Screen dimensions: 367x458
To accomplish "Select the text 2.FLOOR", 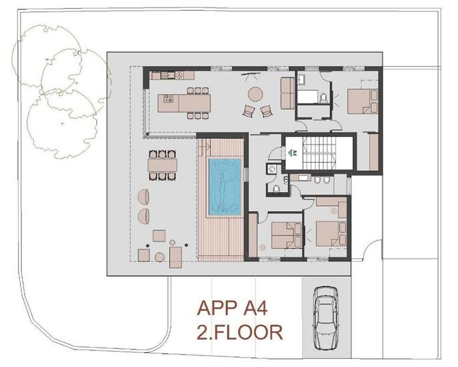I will tap(241, 331).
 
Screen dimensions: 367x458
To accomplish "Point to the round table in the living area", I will tap(256, 93).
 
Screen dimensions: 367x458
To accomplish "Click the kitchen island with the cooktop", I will tap(184, 103).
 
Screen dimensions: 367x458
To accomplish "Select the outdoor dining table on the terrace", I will tap(162, 164).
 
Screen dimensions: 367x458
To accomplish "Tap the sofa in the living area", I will tap(288, 93).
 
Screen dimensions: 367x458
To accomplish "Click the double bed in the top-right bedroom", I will tap(361, 101).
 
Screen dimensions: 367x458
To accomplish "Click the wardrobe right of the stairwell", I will tap(373, 152).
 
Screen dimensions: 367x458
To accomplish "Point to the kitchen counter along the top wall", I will tap(172, 75).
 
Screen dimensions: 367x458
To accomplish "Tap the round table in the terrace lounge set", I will tap(160, 257).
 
